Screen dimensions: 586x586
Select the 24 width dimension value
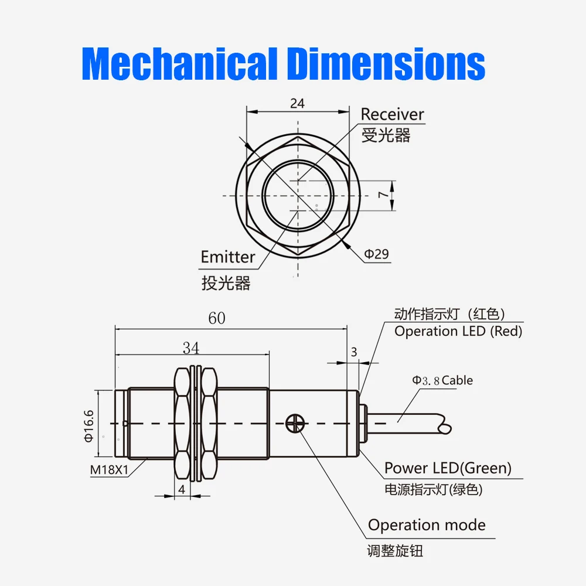tap(297, 103)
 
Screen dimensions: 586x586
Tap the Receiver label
tap(392, 114)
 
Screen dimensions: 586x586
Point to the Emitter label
tap(228, 257)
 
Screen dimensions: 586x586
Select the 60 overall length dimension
tap(216, 318)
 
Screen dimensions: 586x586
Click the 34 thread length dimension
tap(191, 348)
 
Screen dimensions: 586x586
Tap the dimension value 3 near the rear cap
tap(353, 352)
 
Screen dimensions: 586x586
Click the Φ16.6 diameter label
tap(88, 425)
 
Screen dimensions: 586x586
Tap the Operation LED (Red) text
tap(458, 331)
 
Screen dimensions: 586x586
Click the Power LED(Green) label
tap(448, 468)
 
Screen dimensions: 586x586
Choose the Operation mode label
tap(427, 525)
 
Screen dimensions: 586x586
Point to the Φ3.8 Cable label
tap(442, 380)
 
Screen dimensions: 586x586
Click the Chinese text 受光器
tap(386, 135)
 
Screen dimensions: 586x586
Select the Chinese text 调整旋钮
tap(394, 551)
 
